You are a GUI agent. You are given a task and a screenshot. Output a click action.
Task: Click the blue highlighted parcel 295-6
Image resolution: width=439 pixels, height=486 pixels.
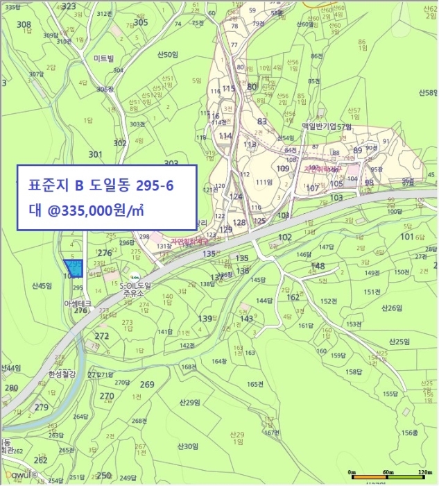coord(73,267)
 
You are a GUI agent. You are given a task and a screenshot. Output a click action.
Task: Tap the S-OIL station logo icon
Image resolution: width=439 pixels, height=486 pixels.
coord(136,274)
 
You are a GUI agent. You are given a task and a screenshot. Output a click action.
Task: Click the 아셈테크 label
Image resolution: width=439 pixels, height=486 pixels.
coord(78,303)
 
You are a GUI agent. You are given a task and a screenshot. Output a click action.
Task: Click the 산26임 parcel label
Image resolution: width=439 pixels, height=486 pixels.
coord(392,308)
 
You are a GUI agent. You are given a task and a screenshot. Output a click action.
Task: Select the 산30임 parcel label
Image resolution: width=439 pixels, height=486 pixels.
coord(187,446)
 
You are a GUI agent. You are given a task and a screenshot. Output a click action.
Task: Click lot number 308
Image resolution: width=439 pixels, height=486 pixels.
coord(24,25)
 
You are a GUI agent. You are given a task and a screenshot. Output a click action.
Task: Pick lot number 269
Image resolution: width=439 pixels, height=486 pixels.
coord(146,385)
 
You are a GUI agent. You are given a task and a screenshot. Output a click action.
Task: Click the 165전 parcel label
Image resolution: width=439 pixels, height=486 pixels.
coord(256,384)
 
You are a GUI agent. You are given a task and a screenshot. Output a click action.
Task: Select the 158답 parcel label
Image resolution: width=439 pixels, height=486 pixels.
coord(354,372)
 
